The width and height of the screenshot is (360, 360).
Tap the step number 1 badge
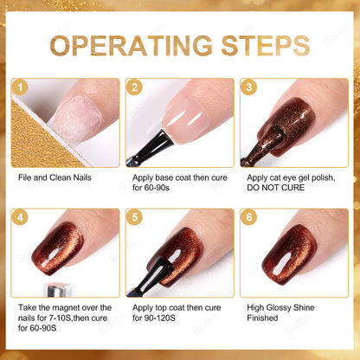tap(21, 87)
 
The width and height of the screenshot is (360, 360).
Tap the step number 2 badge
tap(134, 87)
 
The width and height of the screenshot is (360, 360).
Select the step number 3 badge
tap(248, 87)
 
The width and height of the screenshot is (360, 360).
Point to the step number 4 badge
tap(21, 217)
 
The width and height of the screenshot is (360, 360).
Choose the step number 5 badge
tap(134, 217)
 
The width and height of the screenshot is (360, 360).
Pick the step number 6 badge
tap(248, 217)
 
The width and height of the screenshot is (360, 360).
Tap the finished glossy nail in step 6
tap(294, 252)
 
